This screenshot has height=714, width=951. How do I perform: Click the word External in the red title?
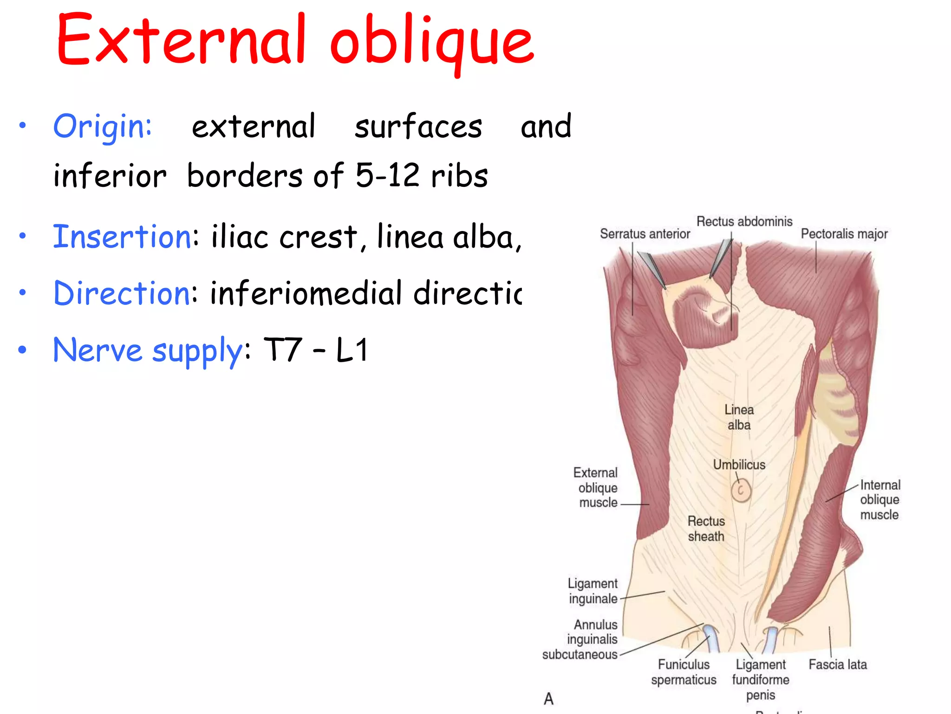(x=181, y=41)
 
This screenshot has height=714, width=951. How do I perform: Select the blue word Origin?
(x=103, y=126)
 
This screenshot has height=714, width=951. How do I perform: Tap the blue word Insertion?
(x=122, y=237)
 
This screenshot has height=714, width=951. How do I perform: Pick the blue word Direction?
(x=122, y=293)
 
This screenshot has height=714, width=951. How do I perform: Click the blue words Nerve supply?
(x=148, y=350)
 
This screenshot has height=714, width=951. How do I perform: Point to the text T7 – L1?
(x=316, y=350)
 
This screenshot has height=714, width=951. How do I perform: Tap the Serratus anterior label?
(x=645, y=233)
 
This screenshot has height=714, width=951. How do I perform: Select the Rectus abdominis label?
(x=744, y=221)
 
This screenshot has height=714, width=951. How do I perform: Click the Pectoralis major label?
(x=844, y=233)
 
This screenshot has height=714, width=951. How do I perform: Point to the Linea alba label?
(x=739, y=417)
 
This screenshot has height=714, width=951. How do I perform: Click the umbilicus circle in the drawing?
(x=741, y=490)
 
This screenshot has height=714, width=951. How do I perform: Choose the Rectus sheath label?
(x=706, y=529)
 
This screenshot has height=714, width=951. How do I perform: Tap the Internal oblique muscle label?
(x=879, y=500)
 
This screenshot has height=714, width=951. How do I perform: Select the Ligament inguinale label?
(x=593, y=591)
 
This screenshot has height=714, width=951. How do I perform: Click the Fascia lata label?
(x=837, y=664)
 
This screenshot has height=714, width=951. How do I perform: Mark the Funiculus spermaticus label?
(x=684, y=672)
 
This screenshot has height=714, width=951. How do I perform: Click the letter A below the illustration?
(x=548, y=699)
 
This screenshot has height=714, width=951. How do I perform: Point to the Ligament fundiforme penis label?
(x=760, y=680)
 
